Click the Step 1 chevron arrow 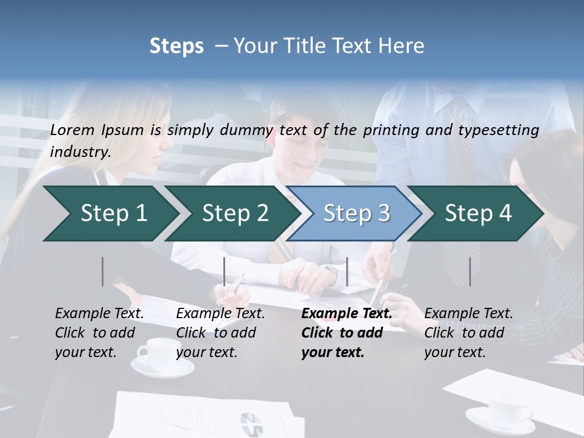click(109, 214)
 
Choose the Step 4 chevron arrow click(476, 214)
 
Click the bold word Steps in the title click(176, 46)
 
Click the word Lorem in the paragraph click(72, 130)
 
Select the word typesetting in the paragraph click(503, 130)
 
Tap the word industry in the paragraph click(80, 152)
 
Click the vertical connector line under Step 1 click(103, 271)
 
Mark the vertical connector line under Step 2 click(224, 271)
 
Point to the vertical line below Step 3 click(347, 271)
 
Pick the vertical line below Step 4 click(470, 271)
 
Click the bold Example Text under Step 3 click(347, 314)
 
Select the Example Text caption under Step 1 click(99, 314)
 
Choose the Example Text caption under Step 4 click(468, 314)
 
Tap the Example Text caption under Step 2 click(220, 314)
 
